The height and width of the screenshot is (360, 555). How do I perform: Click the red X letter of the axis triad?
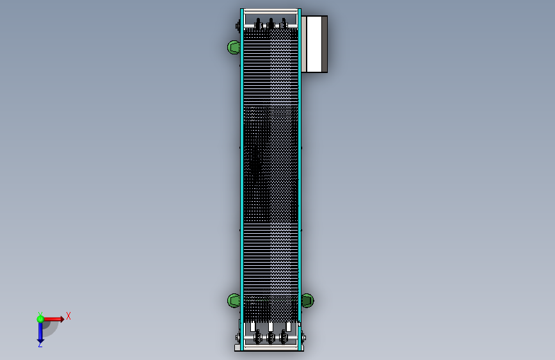68,316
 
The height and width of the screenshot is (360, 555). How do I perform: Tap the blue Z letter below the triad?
40,345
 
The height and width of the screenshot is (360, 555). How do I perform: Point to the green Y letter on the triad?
40,314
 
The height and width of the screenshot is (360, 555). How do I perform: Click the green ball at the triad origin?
40,319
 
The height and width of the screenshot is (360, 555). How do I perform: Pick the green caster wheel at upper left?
234,47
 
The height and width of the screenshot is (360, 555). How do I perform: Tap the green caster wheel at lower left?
234,300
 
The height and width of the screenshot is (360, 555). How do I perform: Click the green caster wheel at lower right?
307,300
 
